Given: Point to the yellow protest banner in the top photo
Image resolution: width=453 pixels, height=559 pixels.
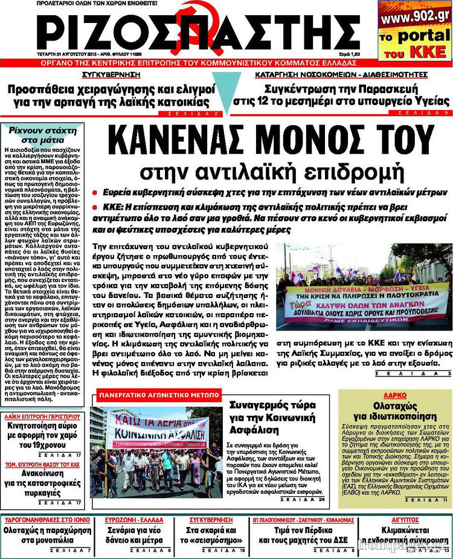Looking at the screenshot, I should (367, 302).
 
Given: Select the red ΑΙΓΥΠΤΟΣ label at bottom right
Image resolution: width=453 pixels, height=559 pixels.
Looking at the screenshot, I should (405, 520).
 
